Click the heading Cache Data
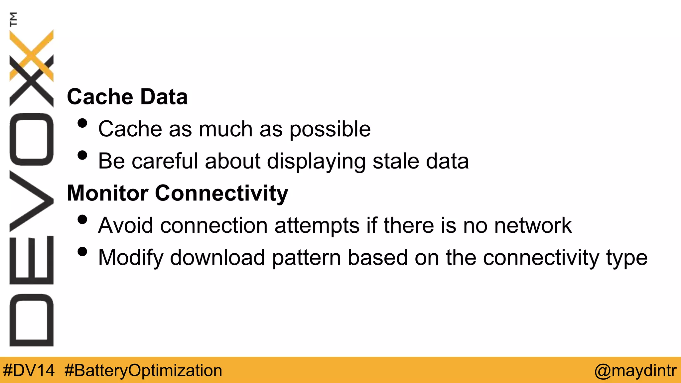(x=127, y=97)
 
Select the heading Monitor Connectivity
(x=178, y=193)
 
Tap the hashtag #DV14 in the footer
(x=29, y=370)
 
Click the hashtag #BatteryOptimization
(x=143, y=370)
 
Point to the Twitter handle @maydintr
(x=635, y=370)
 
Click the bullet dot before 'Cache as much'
(x=82, y=123)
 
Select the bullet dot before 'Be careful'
(x=82, y=155)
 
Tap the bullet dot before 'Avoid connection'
(x=82, y=219)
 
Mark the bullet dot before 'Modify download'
(x=82, y=252)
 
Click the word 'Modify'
(x=131, y=258)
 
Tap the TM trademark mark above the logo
(x=13, y=19)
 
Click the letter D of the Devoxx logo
(x=31, y=320)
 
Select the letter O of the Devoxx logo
(x=31, y=139)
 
